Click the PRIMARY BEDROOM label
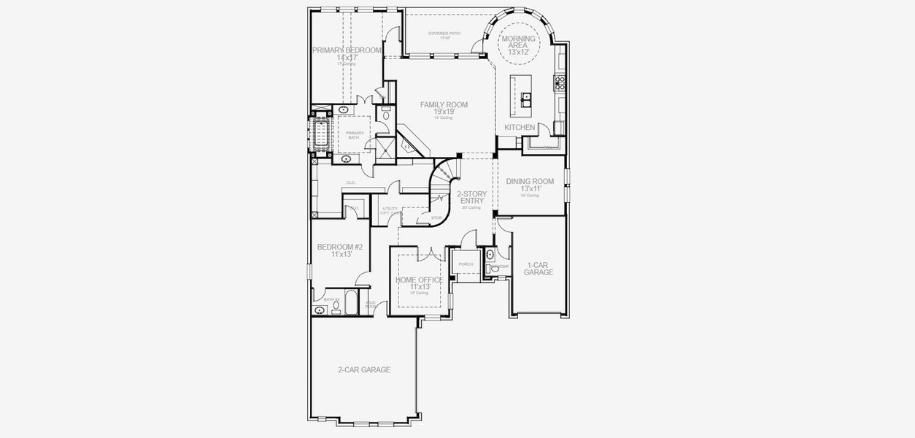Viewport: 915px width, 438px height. pos(347,50)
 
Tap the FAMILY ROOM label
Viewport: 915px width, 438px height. pos(444,105)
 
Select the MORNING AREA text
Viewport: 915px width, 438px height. pos(518,42)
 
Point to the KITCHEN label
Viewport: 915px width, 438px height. pos(520,128)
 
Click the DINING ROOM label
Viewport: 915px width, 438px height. pos(530,182)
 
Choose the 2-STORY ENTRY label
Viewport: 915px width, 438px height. pos(471,198)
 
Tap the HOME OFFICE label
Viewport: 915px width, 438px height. pos(419,280)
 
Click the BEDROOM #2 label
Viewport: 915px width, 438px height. pos(339,247)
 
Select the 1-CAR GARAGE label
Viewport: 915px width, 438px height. pos(538,269)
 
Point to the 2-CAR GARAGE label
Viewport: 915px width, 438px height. pos(363,370)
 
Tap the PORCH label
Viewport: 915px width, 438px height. pos(466,264)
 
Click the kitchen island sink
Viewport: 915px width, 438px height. pos(525,97)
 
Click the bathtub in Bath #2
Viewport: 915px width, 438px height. pos(350,303)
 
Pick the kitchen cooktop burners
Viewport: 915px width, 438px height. pos(560,83)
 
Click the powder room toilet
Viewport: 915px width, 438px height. pos(490,255)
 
